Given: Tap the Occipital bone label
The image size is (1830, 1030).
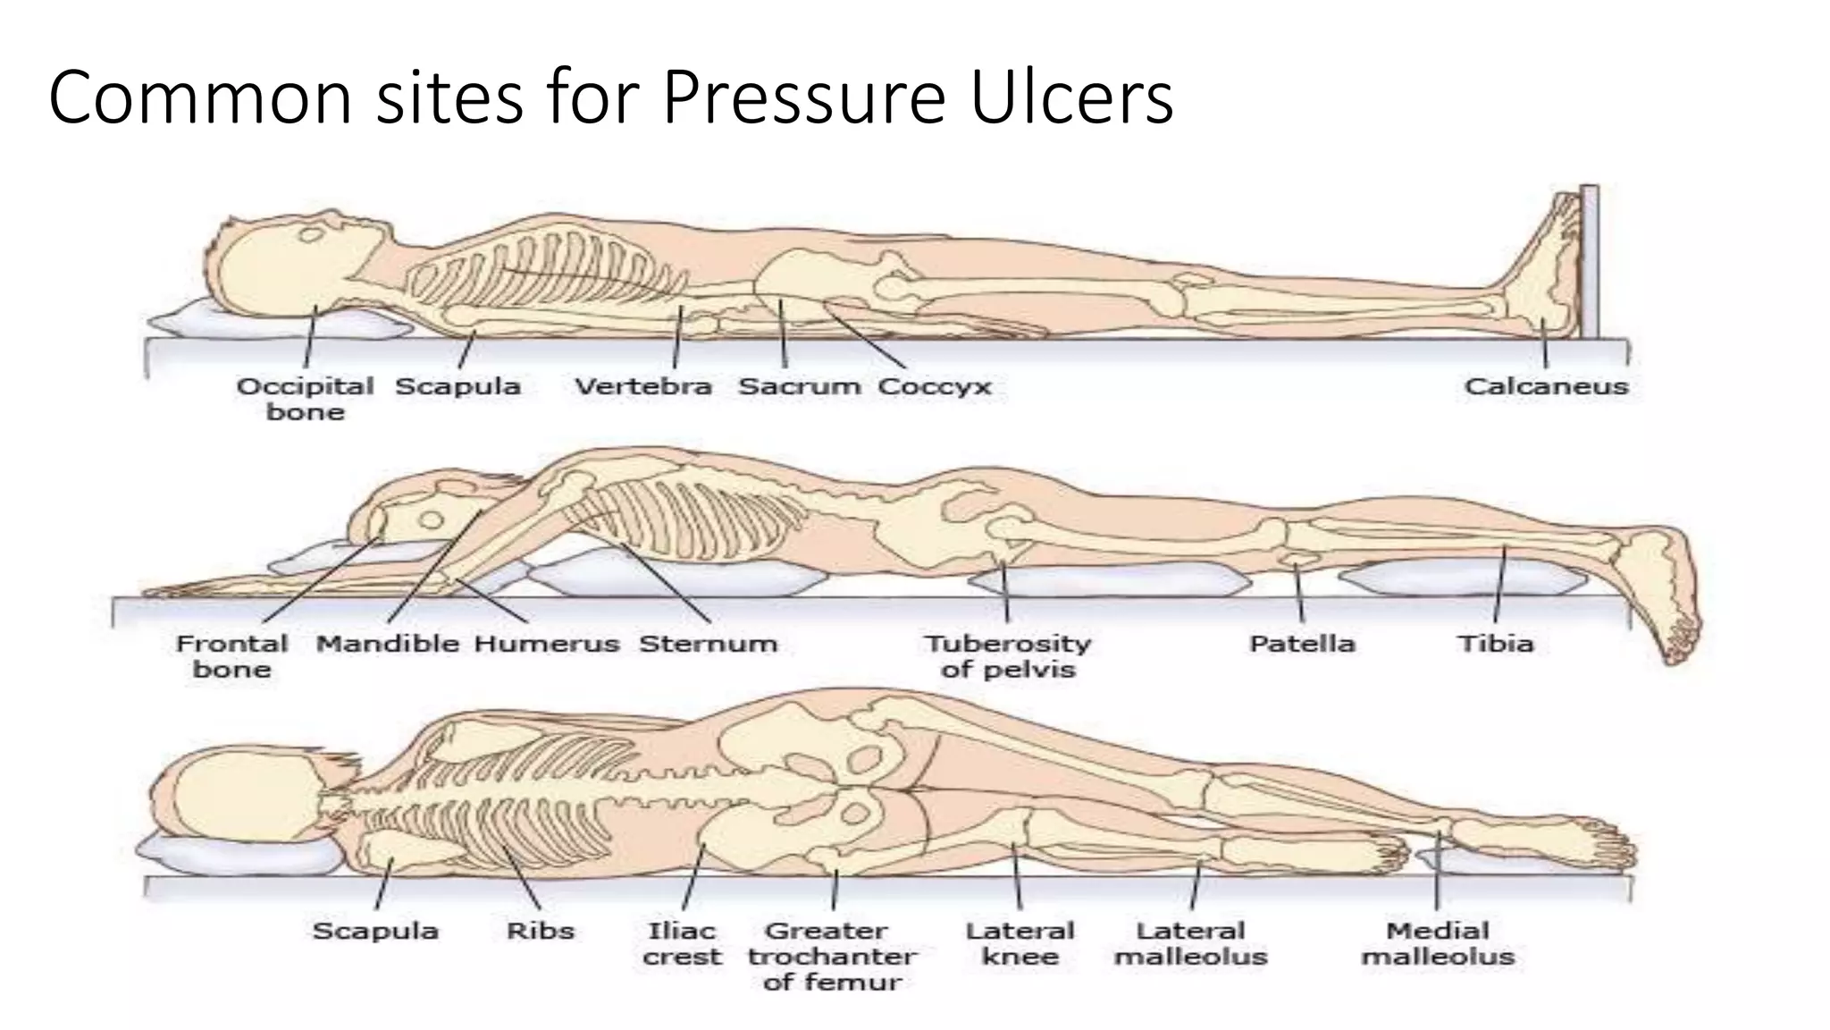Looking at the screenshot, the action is coord(305,399).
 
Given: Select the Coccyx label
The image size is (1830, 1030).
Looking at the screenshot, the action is coord(935,387).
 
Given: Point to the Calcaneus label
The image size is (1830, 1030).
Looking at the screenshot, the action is coord(1546,386).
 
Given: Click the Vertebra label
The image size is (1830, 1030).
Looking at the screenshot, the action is coord(642,386).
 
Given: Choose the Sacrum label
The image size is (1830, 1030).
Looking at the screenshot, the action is coord(800,386).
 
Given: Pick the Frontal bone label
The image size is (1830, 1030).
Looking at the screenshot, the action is coord(232,656).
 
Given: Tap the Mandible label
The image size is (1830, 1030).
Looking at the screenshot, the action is coord(388,644).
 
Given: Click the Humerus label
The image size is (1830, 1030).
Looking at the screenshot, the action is coord(546,644).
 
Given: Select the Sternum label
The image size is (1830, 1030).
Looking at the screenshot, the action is coord(708,644).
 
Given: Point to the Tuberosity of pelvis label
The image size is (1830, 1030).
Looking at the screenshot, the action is coord(1008,657).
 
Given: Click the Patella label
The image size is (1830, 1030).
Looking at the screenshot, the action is coord(1302,644).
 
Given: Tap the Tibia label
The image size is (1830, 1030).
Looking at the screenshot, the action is coord(1496,644).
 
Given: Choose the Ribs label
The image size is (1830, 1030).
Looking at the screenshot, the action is coord(540,931).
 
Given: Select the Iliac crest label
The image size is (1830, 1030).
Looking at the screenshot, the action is coord(682,943).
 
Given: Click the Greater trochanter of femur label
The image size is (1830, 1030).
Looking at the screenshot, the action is coord(832,957).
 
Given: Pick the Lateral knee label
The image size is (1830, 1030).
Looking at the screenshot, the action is coord(1020,943).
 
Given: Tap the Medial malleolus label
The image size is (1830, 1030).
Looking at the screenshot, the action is coord(1438,943).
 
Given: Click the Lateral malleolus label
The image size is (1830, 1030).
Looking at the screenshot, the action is coord(1191,943).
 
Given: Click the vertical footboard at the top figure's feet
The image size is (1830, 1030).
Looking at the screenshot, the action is coord(1589,261).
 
